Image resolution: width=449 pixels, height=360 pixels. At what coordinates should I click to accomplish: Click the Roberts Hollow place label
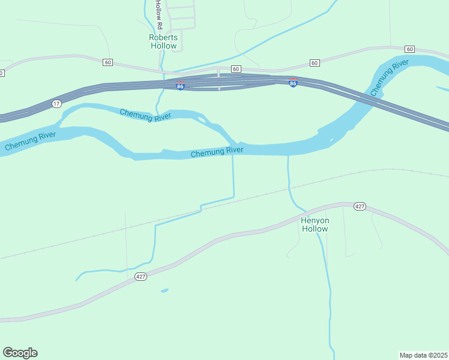pyautogui.click(x=163, y=41)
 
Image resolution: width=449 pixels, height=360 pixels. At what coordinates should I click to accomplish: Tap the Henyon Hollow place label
pyautogui.click(x=315, y=224)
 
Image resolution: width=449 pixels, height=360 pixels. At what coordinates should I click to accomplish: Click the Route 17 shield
pyautogui.click(x=56, y=104)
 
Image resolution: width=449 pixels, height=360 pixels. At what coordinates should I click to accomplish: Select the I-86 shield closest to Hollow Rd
pyautogui.click(x=180, y=86)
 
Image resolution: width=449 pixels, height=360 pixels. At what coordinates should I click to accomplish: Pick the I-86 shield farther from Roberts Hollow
pyautogui.click(x=293, y=83)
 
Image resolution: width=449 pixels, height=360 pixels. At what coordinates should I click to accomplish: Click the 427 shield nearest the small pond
pyautogui.click(x=140, y=277)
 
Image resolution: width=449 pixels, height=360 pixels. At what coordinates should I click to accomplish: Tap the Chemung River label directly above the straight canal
pyautogui.click(x=217, y=152)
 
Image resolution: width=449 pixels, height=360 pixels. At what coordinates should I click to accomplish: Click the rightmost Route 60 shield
pyautogui.click(x=409, y=49)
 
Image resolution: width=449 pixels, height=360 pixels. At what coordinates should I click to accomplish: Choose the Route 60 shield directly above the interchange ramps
pyautogui.click(x=236, y=69)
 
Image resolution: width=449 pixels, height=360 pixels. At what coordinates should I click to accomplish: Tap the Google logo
pyautogui.click(x=20, y=353)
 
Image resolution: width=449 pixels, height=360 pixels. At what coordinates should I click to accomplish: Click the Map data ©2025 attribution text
pyautogui.click(x=423, y=355)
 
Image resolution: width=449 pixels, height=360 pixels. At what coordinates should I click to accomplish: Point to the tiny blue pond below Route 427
pyautogui.click(x=164, y=291)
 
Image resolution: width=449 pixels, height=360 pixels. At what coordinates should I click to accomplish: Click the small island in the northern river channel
pyautogui.click(x=202, y=119)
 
